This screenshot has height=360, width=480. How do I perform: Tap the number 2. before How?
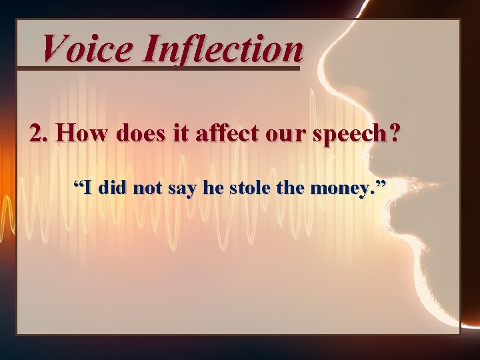point(39,133)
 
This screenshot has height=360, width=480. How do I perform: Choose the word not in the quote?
point(147,189)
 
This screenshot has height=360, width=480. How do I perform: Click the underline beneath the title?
point(160,67)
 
